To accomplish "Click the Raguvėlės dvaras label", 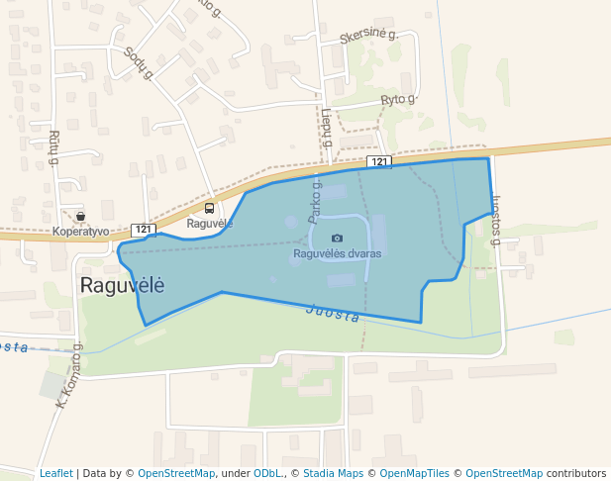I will pos(337,253).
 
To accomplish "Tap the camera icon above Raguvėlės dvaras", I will pos(337,239).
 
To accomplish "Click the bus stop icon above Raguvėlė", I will pos(209,208).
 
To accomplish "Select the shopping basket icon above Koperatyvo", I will pos(80,217).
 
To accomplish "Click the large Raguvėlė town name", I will pos(121,285).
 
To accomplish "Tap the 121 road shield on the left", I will pos(144,229).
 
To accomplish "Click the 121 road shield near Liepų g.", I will pos(379,161).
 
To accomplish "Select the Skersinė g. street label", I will pos(367,37).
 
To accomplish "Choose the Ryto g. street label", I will pos(398,100).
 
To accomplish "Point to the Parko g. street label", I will pos(315,200).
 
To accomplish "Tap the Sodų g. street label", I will pos(139,64).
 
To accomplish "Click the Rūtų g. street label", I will pos(54,146).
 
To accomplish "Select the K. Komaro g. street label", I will pos(67,377).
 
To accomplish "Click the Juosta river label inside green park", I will pos(333,312).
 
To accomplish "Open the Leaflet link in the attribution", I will pos(56,473).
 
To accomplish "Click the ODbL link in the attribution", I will pos(267,473).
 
